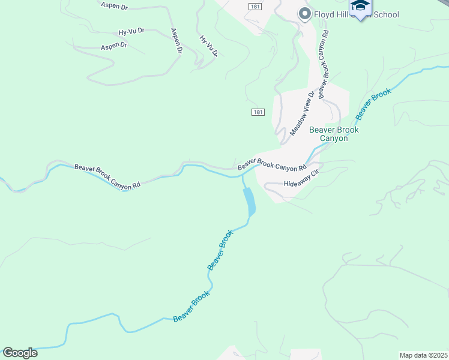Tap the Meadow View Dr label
302,113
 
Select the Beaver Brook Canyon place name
333,134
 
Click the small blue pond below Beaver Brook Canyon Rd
249,202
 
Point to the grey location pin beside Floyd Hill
304,14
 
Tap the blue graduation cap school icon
360,7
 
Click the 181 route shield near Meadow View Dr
258,112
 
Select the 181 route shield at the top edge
255,5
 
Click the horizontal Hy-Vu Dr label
131,31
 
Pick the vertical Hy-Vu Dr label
208,46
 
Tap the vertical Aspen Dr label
176,41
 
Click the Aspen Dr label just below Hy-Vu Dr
114,46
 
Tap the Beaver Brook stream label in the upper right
373,103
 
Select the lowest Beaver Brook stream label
191,307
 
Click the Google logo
20,353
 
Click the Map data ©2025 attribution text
423,355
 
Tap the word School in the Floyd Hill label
385,14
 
